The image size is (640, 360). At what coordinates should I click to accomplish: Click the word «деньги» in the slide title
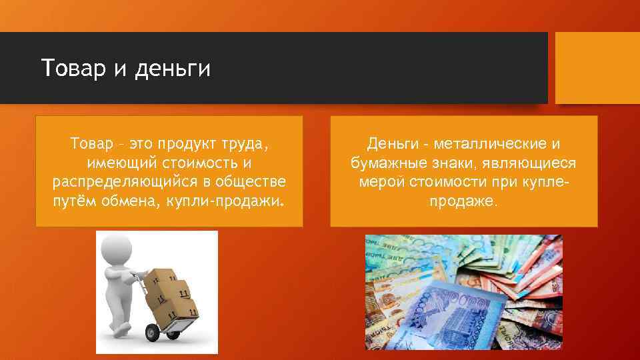coord(172,68)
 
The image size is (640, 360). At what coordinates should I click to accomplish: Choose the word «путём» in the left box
coord(74,200)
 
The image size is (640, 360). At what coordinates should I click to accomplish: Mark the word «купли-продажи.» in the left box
coord(227,200)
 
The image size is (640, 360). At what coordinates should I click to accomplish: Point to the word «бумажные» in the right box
coord(382,163)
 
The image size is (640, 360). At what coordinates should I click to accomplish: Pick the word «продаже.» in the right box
coord(464,200)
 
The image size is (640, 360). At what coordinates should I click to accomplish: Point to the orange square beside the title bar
coord(597,68)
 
